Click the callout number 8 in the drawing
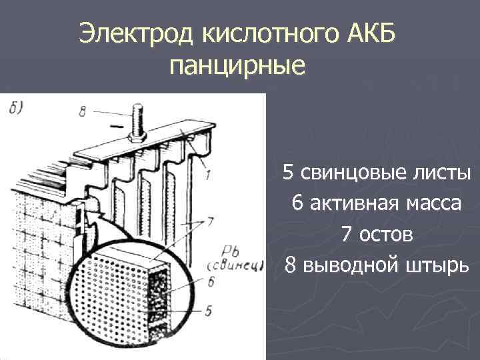[82, 111]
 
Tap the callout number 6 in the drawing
[210, 282]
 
